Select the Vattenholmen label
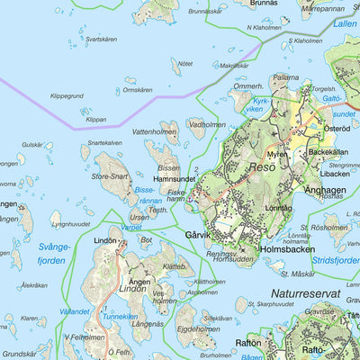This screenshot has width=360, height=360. click(153, 131)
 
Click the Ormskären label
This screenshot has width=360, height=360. click(144, 90)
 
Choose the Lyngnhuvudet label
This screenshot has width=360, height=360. click(72, 224)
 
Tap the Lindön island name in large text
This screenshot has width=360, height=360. click(133, 291)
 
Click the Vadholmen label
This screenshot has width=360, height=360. click(208, 125)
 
